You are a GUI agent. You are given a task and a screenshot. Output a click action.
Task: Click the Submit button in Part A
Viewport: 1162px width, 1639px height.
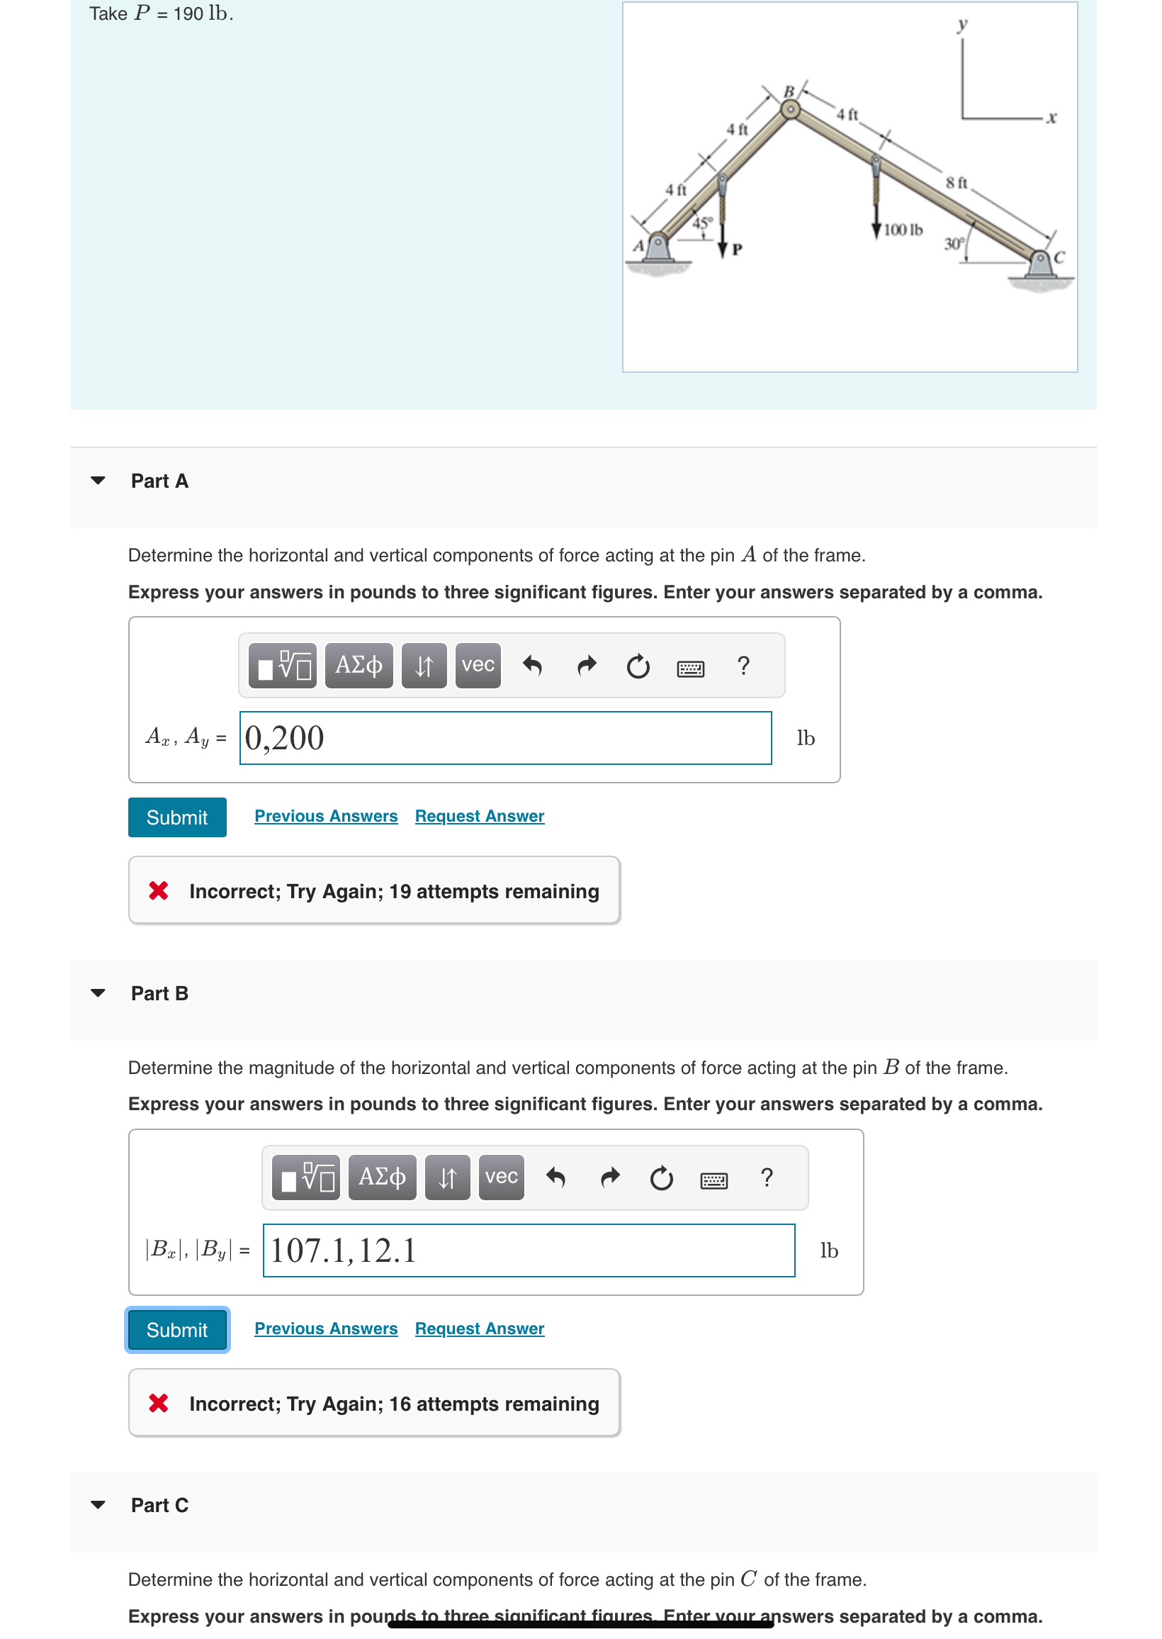[x=176, y=817]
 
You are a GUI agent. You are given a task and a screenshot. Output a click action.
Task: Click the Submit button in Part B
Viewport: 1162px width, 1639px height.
[x=176, y=1329]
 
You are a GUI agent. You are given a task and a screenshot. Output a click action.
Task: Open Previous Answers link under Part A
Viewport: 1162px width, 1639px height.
[x=325, y=816]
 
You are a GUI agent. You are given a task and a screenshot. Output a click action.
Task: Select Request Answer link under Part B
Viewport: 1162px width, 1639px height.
[x=479, y=1328]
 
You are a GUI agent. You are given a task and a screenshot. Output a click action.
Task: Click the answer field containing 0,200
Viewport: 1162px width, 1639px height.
[x=505, y=738]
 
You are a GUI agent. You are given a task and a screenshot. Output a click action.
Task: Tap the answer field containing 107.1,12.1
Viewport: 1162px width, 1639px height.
[x=528, y=1251]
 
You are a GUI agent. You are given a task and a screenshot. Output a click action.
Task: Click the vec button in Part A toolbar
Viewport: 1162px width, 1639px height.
[x=478, y=665]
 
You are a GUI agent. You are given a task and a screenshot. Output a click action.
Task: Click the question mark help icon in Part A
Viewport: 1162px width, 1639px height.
[x=743, y=666]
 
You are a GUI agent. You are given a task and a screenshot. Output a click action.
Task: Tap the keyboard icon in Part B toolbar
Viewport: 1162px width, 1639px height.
[x=713, y=1180]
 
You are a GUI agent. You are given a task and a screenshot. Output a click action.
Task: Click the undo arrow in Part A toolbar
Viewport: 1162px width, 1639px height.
[x=531, y=666]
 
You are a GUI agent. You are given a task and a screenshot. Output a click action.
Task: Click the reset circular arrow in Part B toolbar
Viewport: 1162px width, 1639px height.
[x=660, y=1178]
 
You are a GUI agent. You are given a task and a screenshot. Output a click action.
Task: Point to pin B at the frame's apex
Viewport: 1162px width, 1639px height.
[x=789, y=109]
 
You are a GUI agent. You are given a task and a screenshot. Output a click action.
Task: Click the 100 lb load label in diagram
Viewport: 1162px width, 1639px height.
[x=902, y=230]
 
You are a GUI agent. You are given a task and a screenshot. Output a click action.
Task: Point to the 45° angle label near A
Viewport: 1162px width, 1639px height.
[x=703, y=223]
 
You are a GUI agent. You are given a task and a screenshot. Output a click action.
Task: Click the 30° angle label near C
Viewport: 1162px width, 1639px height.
[x=953, y=244]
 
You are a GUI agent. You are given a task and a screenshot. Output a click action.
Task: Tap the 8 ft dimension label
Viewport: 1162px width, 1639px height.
[x=956, y=183]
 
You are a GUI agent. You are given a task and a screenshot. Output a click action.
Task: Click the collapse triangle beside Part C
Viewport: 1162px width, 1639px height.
[x=98, y=1504]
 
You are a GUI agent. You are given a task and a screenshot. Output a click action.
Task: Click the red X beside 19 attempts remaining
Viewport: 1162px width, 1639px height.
[x=158, y=891]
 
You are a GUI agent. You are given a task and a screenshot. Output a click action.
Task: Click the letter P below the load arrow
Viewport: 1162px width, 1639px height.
[x=737, y=250]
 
